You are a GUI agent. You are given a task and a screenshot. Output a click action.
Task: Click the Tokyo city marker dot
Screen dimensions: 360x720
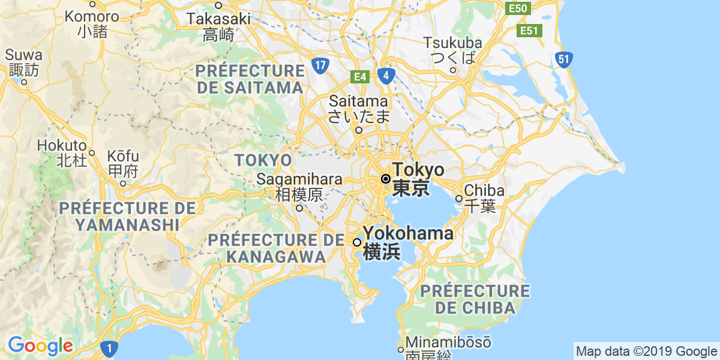pyautogui.click(x=386, y=179)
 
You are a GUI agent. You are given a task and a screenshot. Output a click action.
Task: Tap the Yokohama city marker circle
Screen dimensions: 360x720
pyautogui.click(x=357, y=242)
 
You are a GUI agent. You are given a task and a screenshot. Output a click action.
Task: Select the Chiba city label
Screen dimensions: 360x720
pyautogui.click(x=484, y=191)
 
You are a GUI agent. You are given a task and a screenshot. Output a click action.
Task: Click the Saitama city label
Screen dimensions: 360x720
pyautogui.click(x=358, y=101)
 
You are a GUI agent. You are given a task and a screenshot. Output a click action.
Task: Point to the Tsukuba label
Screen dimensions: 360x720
pyautogui.click(x=453, y=43)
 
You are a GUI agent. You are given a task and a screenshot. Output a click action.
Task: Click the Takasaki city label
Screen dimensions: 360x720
pyautogui.click(x=218, y=19)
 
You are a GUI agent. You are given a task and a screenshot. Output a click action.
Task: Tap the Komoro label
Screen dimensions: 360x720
pyautogui.click(x=92, y=16)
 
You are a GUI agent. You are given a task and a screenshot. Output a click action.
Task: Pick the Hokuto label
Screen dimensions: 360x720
pyautogui.click(x=62, y=146)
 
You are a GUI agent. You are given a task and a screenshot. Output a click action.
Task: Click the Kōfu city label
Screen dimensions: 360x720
pyautogui.click(x=123, y=157)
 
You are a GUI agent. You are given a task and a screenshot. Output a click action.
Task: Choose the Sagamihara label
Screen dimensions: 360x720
pyautogui.click(x=299, y=179)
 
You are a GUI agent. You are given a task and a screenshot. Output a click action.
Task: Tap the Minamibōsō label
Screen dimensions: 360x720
pyautogui.click(x=448, y=343)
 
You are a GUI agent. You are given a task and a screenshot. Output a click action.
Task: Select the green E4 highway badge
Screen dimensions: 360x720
pyautogui.click(x=359, y=77)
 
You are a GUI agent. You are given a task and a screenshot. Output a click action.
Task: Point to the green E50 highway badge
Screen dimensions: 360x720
pyautogui.click(x=517, y=8)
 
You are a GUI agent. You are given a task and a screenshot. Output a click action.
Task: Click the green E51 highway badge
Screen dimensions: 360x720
pyautogui.click(x=529, y=30)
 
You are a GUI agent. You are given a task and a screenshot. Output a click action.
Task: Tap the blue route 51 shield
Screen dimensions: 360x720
pyautogui.click(x=563, y=59)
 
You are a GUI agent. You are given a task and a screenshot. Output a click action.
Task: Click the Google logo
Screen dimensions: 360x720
pyautogui.click(x=40, y=346)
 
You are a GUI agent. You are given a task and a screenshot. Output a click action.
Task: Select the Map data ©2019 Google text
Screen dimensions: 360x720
pyautogui.click(x=646, y=351)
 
